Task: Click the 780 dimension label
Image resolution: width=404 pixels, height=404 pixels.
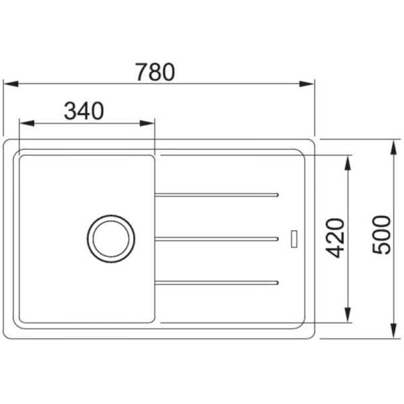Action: point(156,72)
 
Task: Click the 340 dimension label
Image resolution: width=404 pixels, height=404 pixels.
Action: point(84,111)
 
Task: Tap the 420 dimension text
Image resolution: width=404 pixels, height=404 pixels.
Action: point(335,238)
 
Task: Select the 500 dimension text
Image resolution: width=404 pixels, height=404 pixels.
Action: point(382,235)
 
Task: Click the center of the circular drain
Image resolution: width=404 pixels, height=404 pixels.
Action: point(111,238)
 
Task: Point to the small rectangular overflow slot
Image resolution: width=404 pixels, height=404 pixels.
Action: point(294,239)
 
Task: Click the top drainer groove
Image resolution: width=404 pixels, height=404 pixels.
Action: point(216,195)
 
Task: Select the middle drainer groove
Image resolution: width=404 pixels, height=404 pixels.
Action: point(216,239)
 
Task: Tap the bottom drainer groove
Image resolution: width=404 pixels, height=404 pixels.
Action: point(216,283)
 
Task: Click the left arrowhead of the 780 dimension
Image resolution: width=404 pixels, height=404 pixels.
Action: point(11,83)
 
